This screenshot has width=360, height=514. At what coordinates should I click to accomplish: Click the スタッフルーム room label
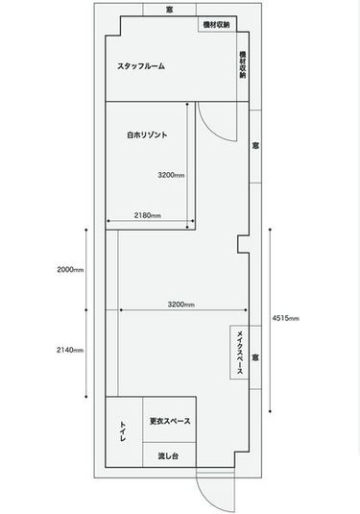point(140,66)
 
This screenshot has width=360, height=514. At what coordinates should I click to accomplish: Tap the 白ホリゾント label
point(147,135)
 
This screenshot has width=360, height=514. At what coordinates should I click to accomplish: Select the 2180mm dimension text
point(147,214)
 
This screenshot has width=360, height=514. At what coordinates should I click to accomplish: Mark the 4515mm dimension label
point(286,316)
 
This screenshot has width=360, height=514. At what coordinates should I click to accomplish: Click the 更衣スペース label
point(169,421)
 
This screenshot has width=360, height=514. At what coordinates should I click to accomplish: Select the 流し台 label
point(169,455)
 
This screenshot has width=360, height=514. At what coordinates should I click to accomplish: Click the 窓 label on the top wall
point(169,9)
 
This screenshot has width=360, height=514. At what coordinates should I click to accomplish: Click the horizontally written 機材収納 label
point(217,24)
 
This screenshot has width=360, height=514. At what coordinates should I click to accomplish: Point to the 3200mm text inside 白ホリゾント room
point(171,175)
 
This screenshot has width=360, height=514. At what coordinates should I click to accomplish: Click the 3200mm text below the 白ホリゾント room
point(180,305)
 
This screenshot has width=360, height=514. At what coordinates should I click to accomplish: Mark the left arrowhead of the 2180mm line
point(109,225)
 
